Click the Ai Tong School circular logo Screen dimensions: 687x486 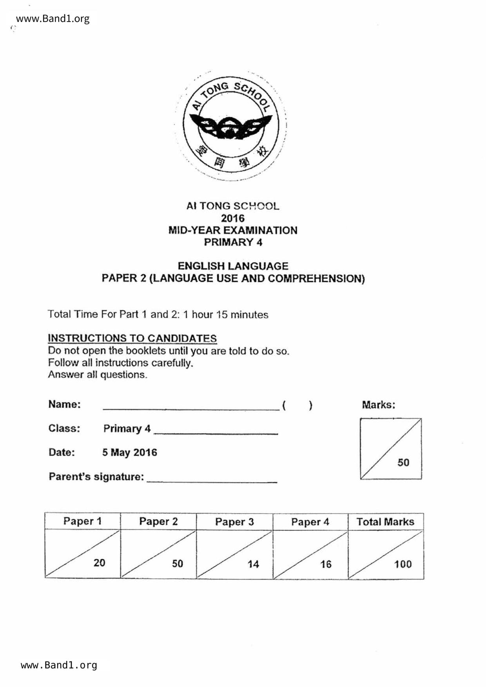[x=231, y=125]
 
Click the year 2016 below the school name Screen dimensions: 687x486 [x=232, y=218]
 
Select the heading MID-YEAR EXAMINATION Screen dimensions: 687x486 [x=233, y=230]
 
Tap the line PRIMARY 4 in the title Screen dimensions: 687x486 [x=233, y=242]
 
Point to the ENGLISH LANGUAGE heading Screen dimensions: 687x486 [x=233, y=266]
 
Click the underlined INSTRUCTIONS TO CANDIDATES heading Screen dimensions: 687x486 [x=132, y=338]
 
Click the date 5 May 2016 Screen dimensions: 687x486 [x=130, y=452]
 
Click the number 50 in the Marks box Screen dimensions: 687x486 [x=403, y=463]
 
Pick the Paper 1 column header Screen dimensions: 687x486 [x=82, y=521]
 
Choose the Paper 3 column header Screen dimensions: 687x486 [x=234, y=522]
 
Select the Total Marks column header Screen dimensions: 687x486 [x=385, y=522]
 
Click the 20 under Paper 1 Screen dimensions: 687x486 [x=99, y=563]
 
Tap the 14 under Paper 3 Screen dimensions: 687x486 [x=253, y=564]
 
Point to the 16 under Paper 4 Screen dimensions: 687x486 [x=326, y=564]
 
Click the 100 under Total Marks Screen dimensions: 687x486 [x=403, y=564]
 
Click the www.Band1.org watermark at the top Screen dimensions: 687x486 [x=53, y=19]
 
